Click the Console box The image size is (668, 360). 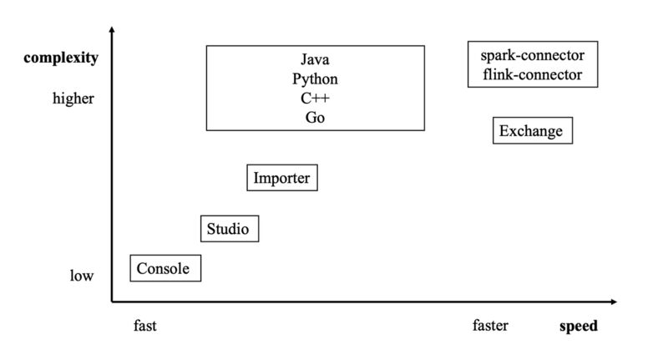[x=164, y=268]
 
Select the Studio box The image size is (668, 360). [x=228, y=228]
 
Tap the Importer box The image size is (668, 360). [x=281, y=178]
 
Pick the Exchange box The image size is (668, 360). [x=531, y=131]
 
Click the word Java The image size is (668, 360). [x=315, y=59]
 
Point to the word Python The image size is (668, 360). [x=315, y=79]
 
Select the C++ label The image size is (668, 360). [x=315, y=99]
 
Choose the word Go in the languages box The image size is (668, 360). [x=315, y=118]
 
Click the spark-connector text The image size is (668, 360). [x=532, y=56]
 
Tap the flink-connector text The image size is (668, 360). [x=532, y=75]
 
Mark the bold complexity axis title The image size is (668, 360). [x=61, y=58]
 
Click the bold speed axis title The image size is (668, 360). [x=578, y=326]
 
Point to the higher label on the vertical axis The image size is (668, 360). [x=73, y=99]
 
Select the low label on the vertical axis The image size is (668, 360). [x=81, y=276]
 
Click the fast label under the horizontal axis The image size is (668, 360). [x=144, y=326]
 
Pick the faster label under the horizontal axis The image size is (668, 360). [x=489, y=326]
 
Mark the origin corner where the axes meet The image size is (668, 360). [x=112, y=301]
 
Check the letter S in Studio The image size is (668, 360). [x=211, y=228]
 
